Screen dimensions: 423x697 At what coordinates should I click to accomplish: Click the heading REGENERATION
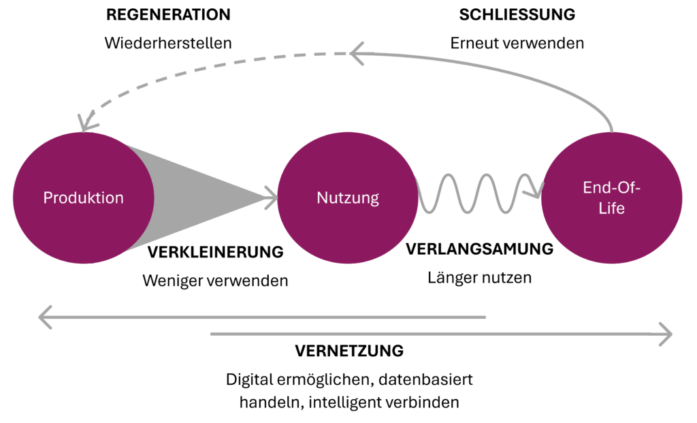point(168,14)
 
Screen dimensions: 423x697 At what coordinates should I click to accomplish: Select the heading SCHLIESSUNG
point(517,14)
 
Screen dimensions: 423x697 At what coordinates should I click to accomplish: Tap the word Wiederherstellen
point(168,42)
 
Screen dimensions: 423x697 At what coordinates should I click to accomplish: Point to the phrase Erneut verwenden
point(517,42)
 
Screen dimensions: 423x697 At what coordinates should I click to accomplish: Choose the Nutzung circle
point(348,198)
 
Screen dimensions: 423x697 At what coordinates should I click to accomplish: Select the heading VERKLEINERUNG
point(215,252)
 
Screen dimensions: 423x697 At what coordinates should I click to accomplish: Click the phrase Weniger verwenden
point(215,280)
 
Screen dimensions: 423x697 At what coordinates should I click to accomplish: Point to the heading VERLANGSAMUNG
point(480,249)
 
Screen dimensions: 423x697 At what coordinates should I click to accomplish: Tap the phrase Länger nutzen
point(480,278)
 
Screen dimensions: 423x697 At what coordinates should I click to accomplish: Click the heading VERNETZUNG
point(349,351)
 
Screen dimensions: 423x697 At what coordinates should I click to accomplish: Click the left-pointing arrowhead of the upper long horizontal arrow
point(44,317)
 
